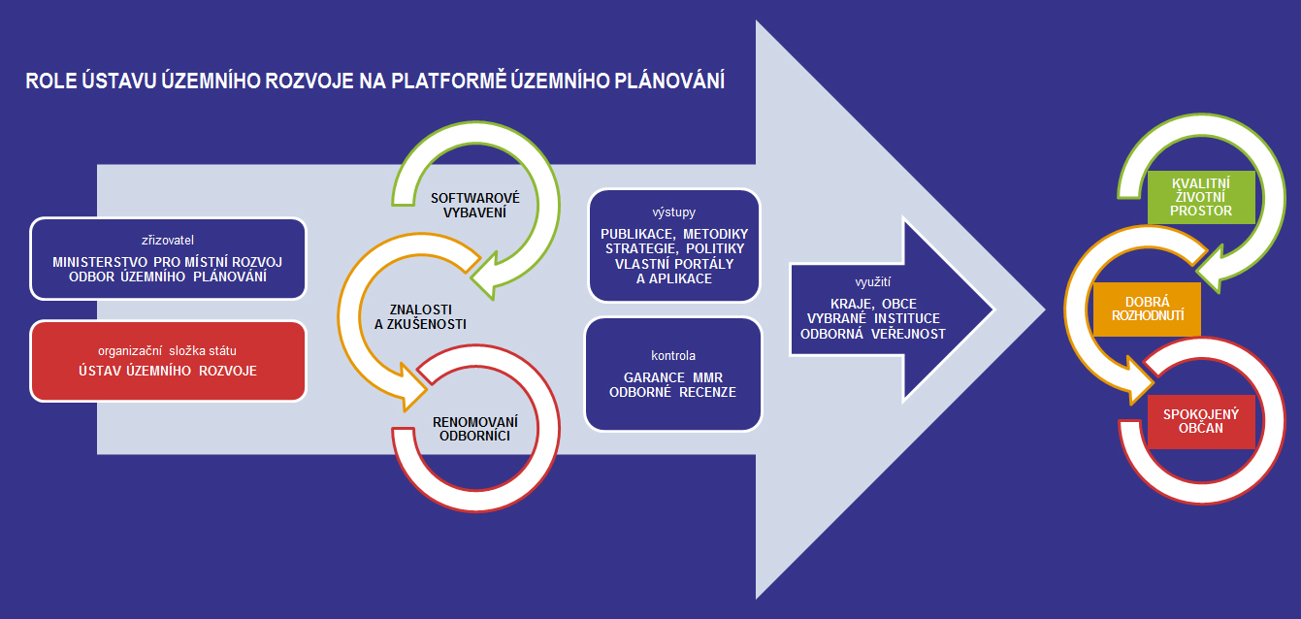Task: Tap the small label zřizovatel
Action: tap(169, 239)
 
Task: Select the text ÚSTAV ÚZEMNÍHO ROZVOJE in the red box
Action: tap(169, 371)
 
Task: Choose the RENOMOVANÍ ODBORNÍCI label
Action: tap(474, 429)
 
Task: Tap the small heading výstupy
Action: tap(674, 212)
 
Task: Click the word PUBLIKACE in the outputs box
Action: tap(636, 234)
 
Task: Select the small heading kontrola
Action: tap(673, 355)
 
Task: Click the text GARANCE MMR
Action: tap(672, 376)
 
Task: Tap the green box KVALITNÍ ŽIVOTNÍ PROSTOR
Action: tap(1201, 197)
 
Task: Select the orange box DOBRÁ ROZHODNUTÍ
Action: tap(1147, 309)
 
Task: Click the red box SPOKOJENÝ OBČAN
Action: tap(1201, 421)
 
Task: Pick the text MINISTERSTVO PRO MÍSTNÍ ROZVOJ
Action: tap(169, 261)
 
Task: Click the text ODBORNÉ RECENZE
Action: tap(672, 393)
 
